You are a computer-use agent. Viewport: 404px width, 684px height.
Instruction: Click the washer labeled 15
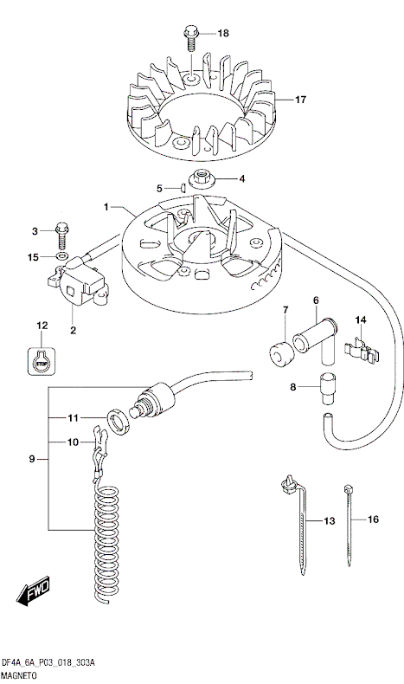pos(60,257)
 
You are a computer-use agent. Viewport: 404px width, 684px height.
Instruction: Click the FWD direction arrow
pos(33,593)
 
